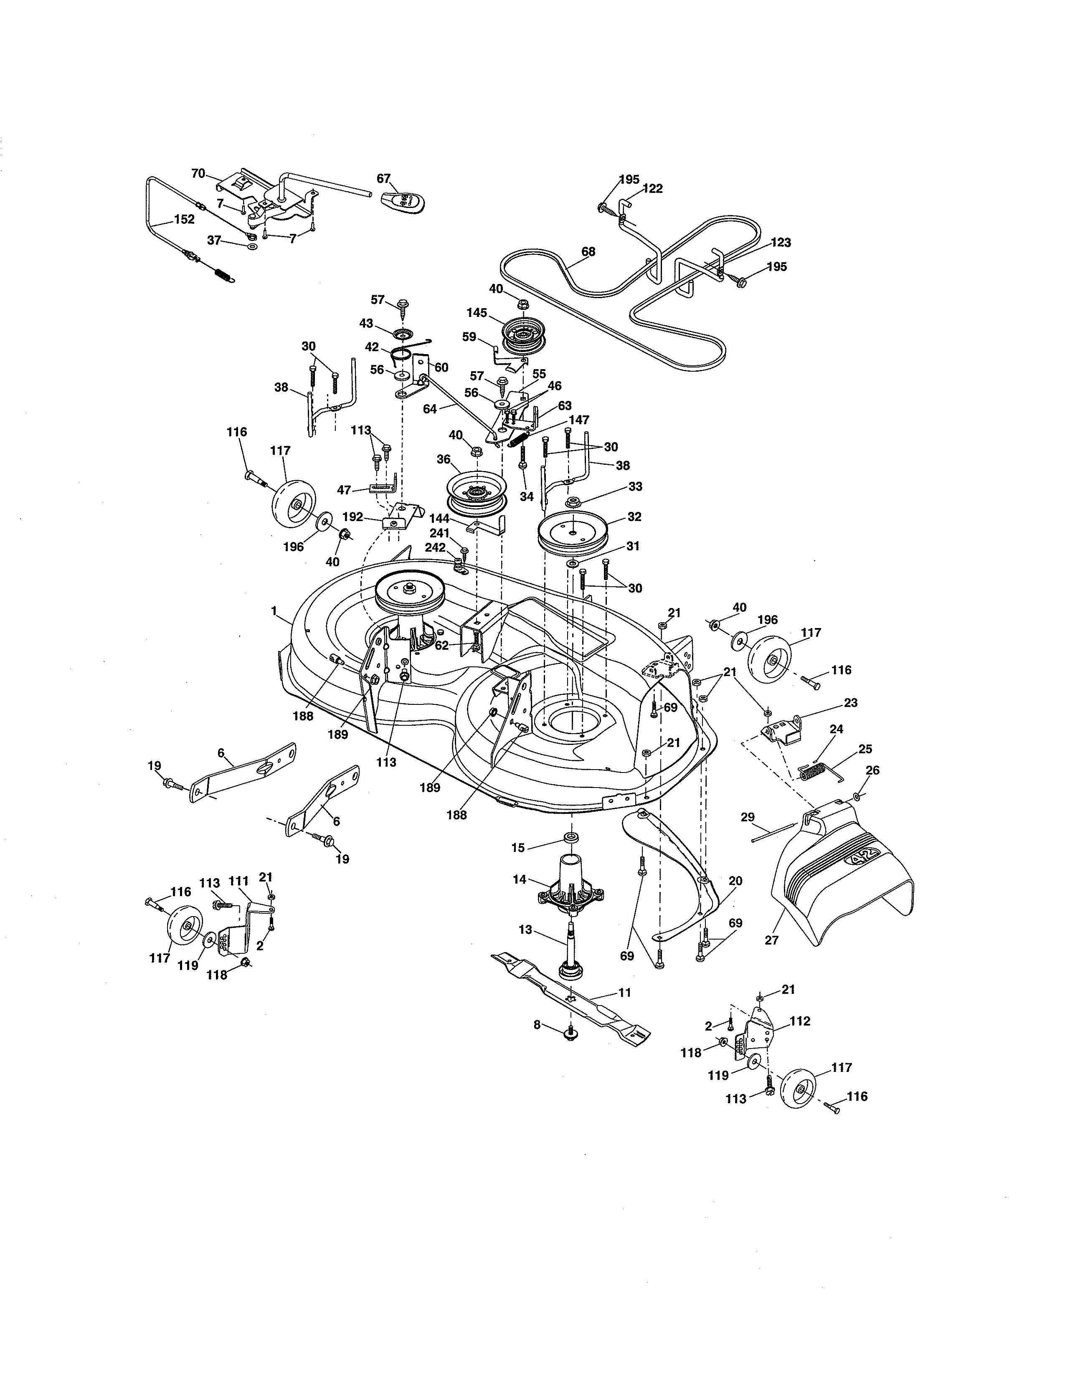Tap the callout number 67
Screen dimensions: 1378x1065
coord(383,179)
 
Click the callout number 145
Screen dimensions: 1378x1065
coord(477,312)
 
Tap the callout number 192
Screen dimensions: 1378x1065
coord(352,517)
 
